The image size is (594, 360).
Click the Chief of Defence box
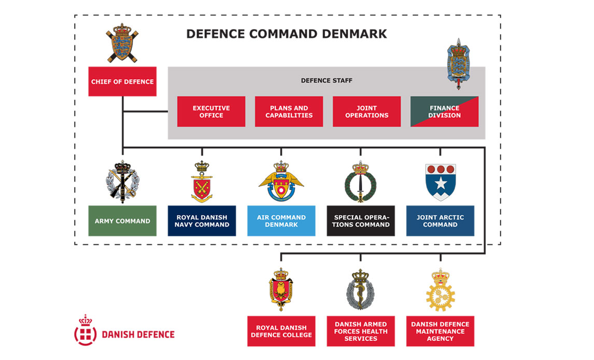[122, 81]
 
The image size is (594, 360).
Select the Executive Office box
[211, 112]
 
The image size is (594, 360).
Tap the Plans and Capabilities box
[289, 112]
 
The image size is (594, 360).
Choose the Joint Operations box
[366, 112]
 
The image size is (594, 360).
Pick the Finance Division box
[444, 112]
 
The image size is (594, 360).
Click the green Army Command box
[122, 221]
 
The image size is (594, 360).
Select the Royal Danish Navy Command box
[202, 221]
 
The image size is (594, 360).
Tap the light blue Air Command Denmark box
[281, 221]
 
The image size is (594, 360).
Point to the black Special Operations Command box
[361, 221]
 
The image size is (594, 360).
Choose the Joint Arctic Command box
[440, 221]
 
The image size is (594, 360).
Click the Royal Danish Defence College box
[281, 331]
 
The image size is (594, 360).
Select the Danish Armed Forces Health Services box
[361, 331]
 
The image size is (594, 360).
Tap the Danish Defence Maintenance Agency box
[440, 331]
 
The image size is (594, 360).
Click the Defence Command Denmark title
[286, 34]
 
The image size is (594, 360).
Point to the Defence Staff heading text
[327, 80]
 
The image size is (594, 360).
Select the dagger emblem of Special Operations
[361, 182]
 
